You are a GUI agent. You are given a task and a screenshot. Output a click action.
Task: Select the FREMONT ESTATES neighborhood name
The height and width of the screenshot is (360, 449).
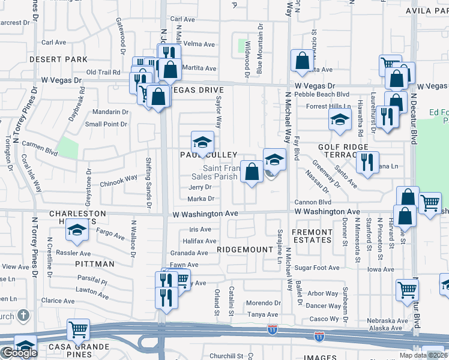coord(312,236)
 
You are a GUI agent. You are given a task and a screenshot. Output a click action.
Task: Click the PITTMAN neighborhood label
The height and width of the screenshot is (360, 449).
coord(95,263)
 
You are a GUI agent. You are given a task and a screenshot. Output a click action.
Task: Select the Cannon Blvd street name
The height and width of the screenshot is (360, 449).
coord(312,202)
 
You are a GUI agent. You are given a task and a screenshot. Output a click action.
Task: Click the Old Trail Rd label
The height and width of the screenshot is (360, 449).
coord(103,72)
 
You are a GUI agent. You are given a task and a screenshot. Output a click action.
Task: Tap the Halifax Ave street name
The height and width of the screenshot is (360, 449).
coord(202,241)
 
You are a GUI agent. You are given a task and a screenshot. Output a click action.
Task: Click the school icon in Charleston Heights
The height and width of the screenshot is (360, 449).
coord(77,231)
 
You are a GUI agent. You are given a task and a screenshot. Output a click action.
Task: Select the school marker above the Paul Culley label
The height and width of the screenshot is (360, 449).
coord(203,143)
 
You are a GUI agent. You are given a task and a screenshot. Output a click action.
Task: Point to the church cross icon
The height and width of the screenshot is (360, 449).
coord(22,315)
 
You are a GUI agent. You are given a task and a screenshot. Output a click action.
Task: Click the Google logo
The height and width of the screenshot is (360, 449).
coord(19,353)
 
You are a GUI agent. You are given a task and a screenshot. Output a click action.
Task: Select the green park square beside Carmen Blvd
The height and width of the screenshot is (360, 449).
coord(68,148)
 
